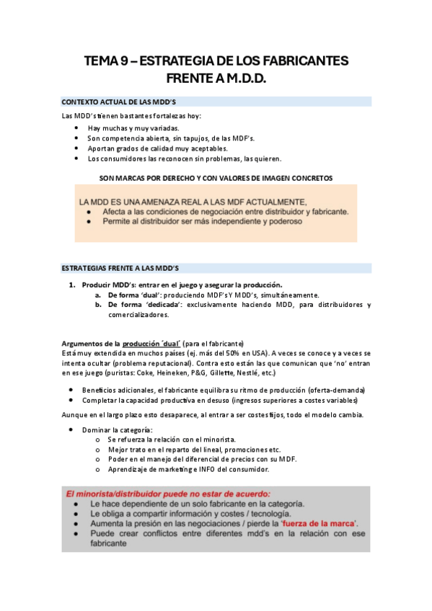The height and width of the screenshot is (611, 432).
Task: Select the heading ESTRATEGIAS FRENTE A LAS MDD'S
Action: click(x=120, y=268)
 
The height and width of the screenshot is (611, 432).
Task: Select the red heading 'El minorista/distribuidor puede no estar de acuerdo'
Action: click(x=168, y=494)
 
